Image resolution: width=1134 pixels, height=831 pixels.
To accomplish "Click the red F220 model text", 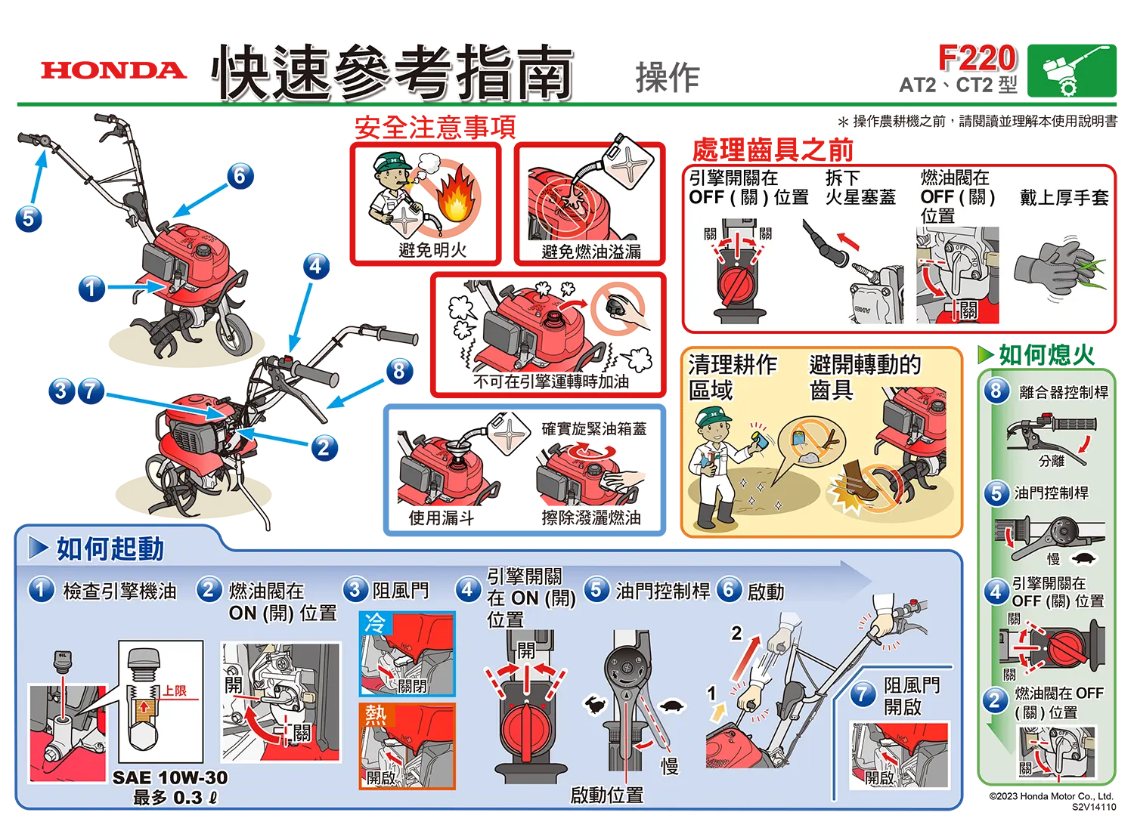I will coord(976,58).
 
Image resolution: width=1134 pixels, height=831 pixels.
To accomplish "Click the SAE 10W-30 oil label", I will coord(169,777).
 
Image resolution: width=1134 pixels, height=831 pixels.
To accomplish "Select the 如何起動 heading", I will coord(110,548).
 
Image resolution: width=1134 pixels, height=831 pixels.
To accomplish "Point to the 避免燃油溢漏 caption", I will coord(590,252).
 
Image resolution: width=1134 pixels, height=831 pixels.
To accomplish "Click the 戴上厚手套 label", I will coord(1064,198).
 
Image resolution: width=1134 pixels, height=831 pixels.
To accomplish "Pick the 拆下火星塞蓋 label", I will coord(860,187).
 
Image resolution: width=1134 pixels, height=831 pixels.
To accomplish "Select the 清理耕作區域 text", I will coord(732,377).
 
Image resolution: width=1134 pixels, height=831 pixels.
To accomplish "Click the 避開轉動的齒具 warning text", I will coord(864,377).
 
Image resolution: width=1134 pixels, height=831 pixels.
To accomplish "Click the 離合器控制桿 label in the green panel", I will coord(1063,392).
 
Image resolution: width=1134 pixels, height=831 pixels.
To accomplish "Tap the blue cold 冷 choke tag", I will coord(376,623).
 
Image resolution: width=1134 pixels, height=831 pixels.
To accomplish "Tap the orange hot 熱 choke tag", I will coord(376,715).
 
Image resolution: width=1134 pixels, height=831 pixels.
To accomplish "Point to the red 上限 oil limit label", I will coord(175,690).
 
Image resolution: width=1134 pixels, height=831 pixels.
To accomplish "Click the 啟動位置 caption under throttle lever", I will coord(606,795).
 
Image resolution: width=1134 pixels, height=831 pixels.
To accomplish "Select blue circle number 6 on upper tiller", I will coord(240,175).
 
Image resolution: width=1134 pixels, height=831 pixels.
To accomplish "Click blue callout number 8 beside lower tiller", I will coord(398,369).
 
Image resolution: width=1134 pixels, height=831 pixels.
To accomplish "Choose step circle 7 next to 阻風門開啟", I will coord(863,694).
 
